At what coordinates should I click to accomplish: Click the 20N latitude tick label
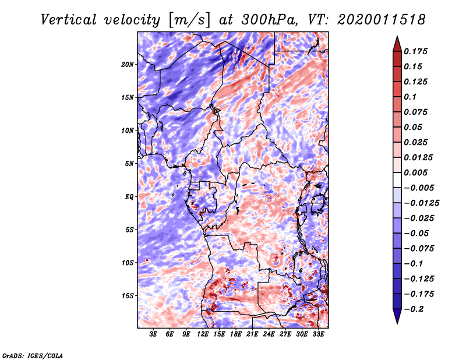(128, 65)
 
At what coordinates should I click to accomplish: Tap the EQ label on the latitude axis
(129, 197)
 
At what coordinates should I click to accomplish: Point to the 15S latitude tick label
(128, 296)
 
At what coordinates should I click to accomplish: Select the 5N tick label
(129, 164)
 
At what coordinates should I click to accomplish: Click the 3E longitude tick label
(153, 334)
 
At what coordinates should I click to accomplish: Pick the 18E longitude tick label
(236, 334)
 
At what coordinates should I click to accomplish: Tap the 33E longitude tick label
(318, 334)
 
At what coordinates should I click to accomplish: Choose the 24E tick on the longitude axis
(269, 334)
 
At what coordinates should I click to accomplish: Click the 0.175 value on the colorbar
(415, 51)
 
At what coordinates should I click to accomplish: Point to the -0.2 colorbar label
(414, 309)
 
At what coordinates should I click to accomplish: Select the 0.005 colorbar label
(415, 172)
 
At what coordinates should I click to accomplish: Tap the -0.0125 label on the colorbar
(421, 203)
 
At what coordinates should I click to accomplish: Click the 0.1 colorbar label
(410, 97)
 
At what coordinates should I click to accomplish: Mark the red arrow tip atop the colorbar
(397, 36)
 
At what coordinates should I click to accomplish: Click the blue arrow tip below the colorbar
(397, 323)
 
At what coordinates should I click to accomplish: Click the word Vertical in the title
(69, 20)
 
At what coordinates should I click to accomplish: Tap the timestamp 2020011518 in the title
(382, 20)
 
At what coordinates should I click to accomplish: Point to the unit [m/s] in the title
(189, 20)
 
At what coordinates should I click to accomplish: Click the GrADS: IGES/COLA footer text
(33, 355)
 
